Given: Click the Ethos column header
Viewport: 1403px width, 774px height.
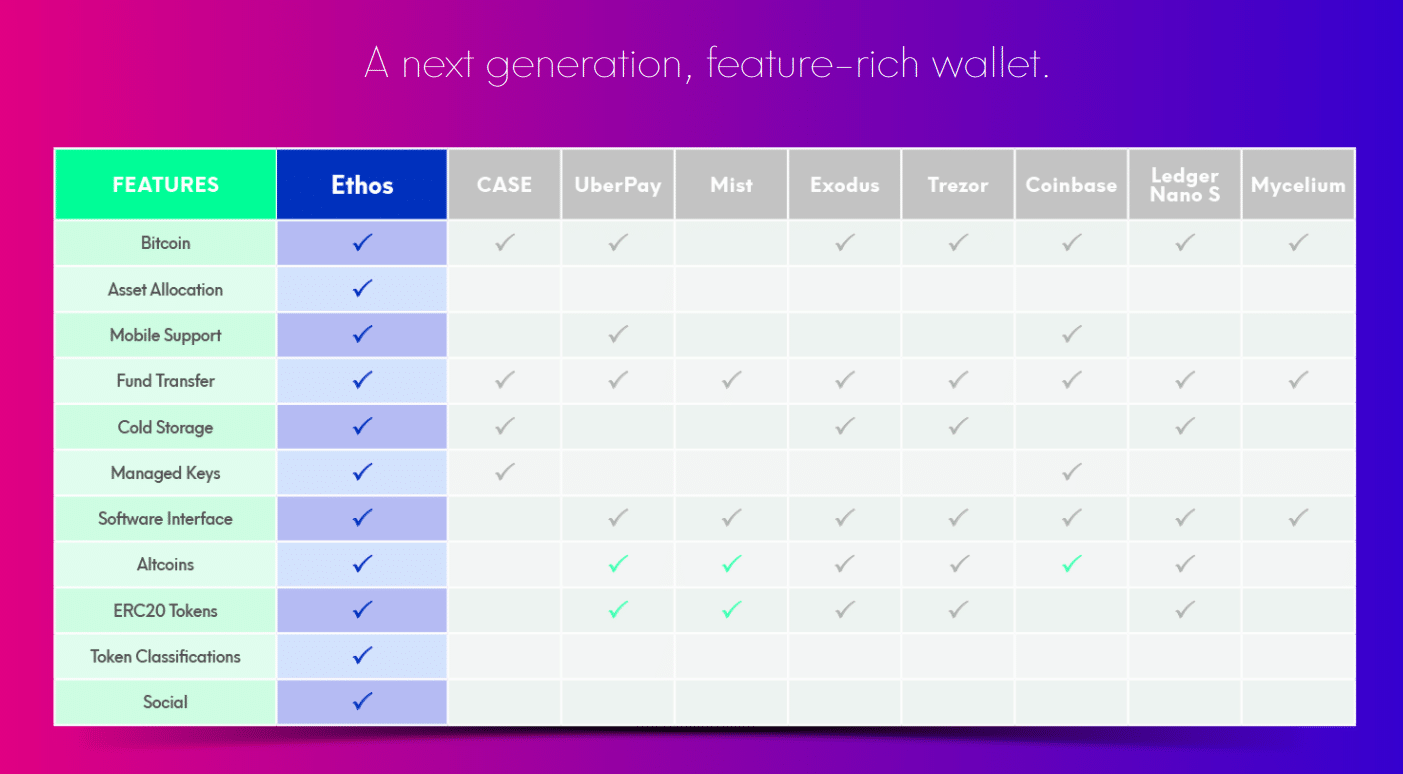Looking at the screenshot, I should pyautogui.click(x=362, y=185).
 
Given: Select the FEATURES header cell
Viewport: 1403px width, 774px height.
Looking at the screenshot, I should pyautogui.click(x=165, y=185).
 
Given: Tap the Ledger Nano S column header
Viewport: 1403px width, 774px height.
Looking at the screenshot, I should pyautogui.click(x=1185, y=185).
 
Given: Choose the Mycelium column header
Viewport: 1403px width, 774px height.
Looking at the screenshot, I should pyautogui.click(x=1298, y=185).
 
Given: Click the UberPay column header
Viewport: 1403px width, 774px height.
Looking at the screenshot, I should pyautogui.click(x=618, y=185).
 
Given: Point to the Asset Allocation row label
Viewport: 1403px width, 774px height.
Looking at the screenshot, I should pyautogui.click(x=165, y=289).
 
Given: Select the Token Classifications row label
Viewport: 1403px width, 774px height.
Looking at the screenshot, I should pyautogui.click(x=165, y=656).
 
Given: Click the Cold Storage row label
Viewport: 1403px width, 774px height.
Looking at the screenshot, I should pyautogui.click(x=165, y=427).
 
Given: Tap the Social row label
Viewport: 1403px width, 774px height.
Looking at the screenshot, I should pyautogui.click(x=165, y=702).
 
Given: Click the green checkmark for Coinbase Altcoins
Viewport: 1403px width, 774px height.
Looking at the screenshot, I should pyautogui.click(x=1072, y=564).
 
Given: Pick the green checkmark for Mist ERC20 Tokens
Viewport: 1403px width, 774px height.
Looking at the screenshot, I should pyautogui.click(x=732, y=610).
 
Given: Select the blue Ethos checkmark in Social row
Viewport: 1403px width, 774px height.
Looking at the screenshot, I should pyautogui.click(x=362, y=702).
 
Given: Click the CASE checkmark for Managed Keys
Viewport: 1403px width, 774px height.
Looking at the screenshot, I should pyautogui.click(x=505, y=472).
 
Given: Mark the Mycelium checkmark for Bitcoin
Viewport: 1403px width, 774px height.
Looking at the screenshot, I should pyautogui.click(x=1298, y=242).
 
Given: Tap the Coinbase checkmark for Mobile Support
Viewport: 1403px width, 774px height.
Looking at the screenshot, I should pyautogui.click(x=1072, y=334).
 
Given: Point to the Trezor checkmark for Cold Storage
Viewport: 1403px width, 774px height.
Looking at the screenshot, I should pyautogui.click(x=958, y=427).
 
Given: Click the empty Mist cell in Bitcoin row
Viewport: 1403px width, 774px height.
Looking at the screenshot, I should pyautogui.click(x=732, y=243).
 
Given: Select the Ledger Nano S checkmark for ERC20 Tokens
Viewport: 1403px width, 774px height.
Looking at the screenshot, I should pyautogui.click(x=1185, y=610).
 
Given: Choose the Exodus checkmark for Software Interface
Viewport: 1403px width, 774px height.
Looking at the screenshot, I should pyautogui.click(x=845, y=518).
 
